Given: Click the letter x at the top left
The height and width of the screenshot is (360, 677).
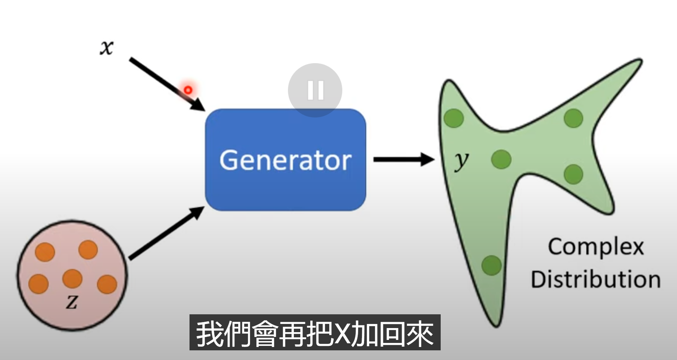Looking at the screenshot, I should click(x=107, y=48).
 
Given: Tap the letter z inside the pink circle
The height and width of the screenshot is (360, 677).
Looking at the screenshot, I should click(x=72, y=302).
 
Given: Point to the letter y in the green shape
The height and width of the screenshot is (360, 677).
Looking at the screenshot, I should click(x=461, y=160).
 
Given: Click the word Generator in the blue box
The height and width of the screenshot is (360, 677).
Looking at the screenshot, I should click(x=285, y=160).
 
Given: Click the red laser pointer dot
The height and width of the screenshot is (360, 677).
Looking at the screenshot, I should click(x=188, y=90).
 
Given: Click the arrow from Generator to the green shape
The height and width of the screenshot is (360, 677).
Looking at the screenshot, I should click(x=403, y=159).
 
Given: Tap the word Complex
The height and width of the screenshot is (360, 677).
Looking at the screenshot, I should click(x=596, y=247).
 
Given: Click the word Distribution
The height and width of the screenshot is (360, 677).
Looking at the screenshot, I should click(x=596, y=279).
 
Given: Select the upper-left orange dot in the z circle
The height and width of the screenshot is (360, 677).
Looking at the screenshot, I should click(x=45, y=252).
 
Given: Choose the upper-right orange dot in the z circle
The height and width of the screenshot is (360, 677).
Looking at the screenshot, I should click(x=88, y=249).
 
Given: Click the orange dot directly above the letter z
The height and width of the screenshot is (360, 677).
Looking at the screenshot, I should click(x=72, y=279).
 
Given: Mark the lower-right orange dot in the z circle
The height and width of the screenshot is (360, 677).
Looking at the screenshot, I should click(x=107, y=284).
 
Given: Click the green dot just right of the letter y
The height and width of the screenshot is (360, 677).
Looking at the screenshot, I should click(x=501, y=159).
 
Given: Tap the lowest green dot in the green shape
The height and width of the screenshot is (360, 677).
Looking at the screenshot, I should click(x=492, y=265).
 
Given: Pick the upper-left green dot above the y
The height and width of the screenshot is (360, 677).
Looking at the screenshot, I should click(x=454, y=118).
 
